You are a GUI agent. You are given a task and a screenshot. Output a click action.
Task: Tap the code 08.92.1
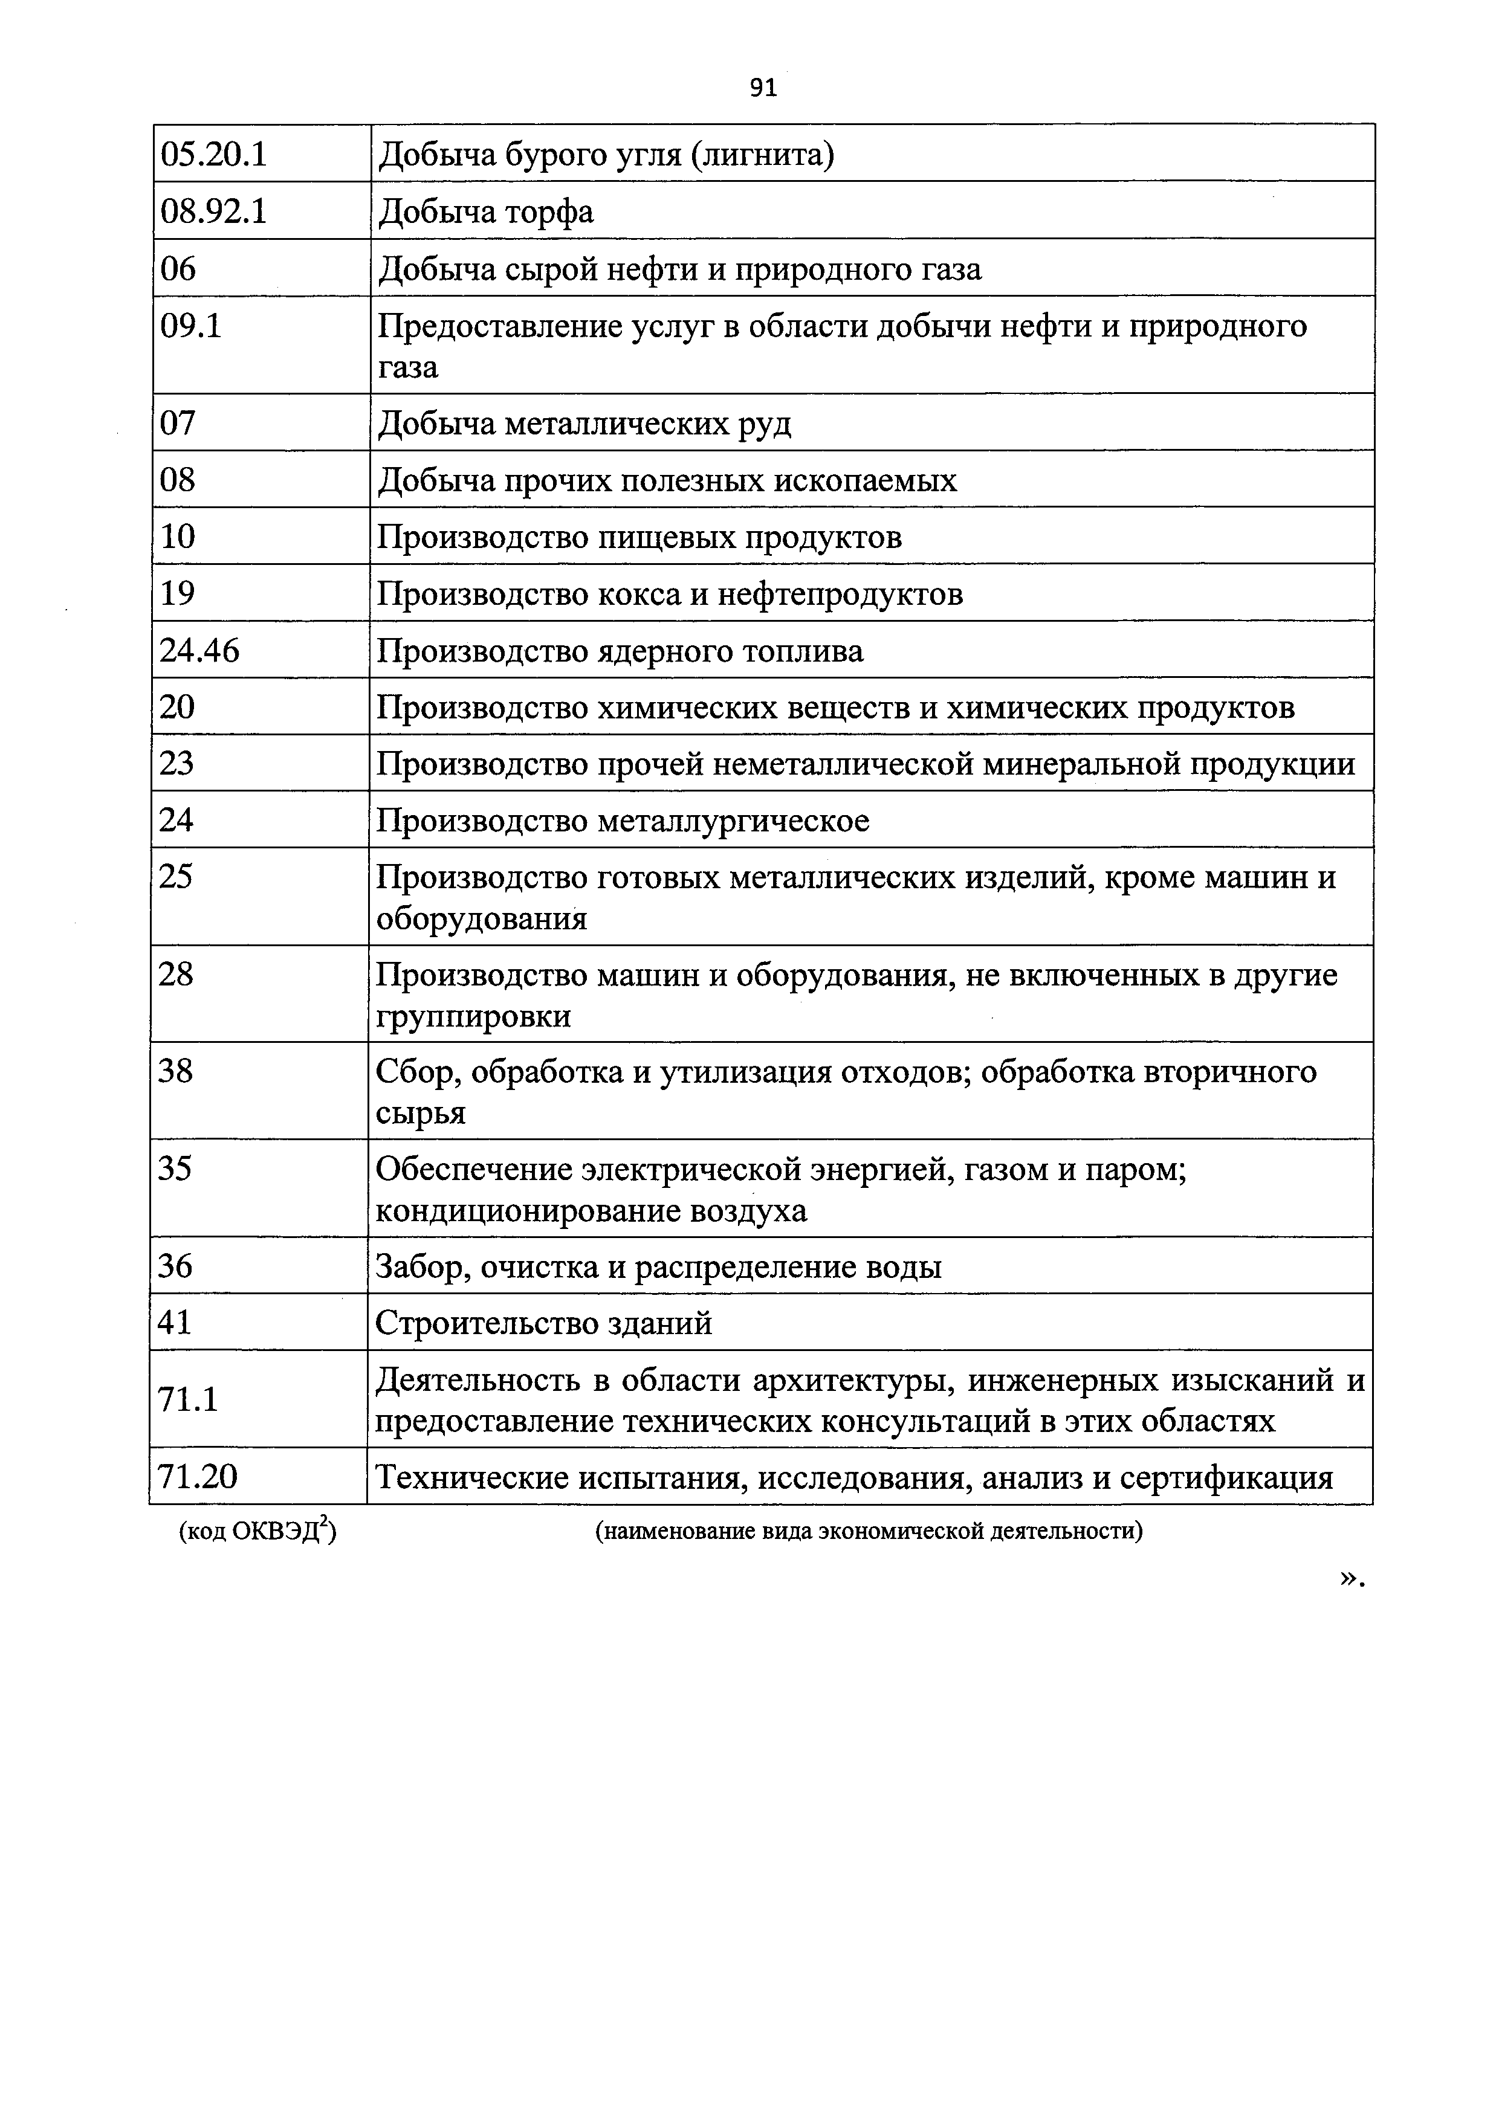click(x=213, y=212)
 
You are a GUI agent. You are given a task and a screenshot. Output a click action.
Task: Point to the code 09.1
click(x=191, y=326)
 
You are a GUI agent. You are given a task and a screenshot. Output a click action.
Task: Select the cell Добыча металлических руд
click(x=584, y=424)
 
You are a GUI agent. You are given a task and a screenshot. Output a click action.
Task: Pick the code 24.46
click(x=199, y=651)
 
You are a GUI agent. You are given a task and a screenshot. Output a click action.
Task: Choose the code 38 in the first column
click(x=175, y=1071)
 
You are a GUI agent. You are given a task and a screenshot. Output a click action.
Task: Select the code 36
click(x=175, y=1265)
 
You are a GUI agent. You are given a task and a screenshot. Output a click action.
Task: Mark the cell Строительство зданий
click(x=545, y=1323)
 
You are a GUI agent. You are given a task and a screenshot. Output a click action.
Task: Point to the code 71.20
click(x=198, y=1477)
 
